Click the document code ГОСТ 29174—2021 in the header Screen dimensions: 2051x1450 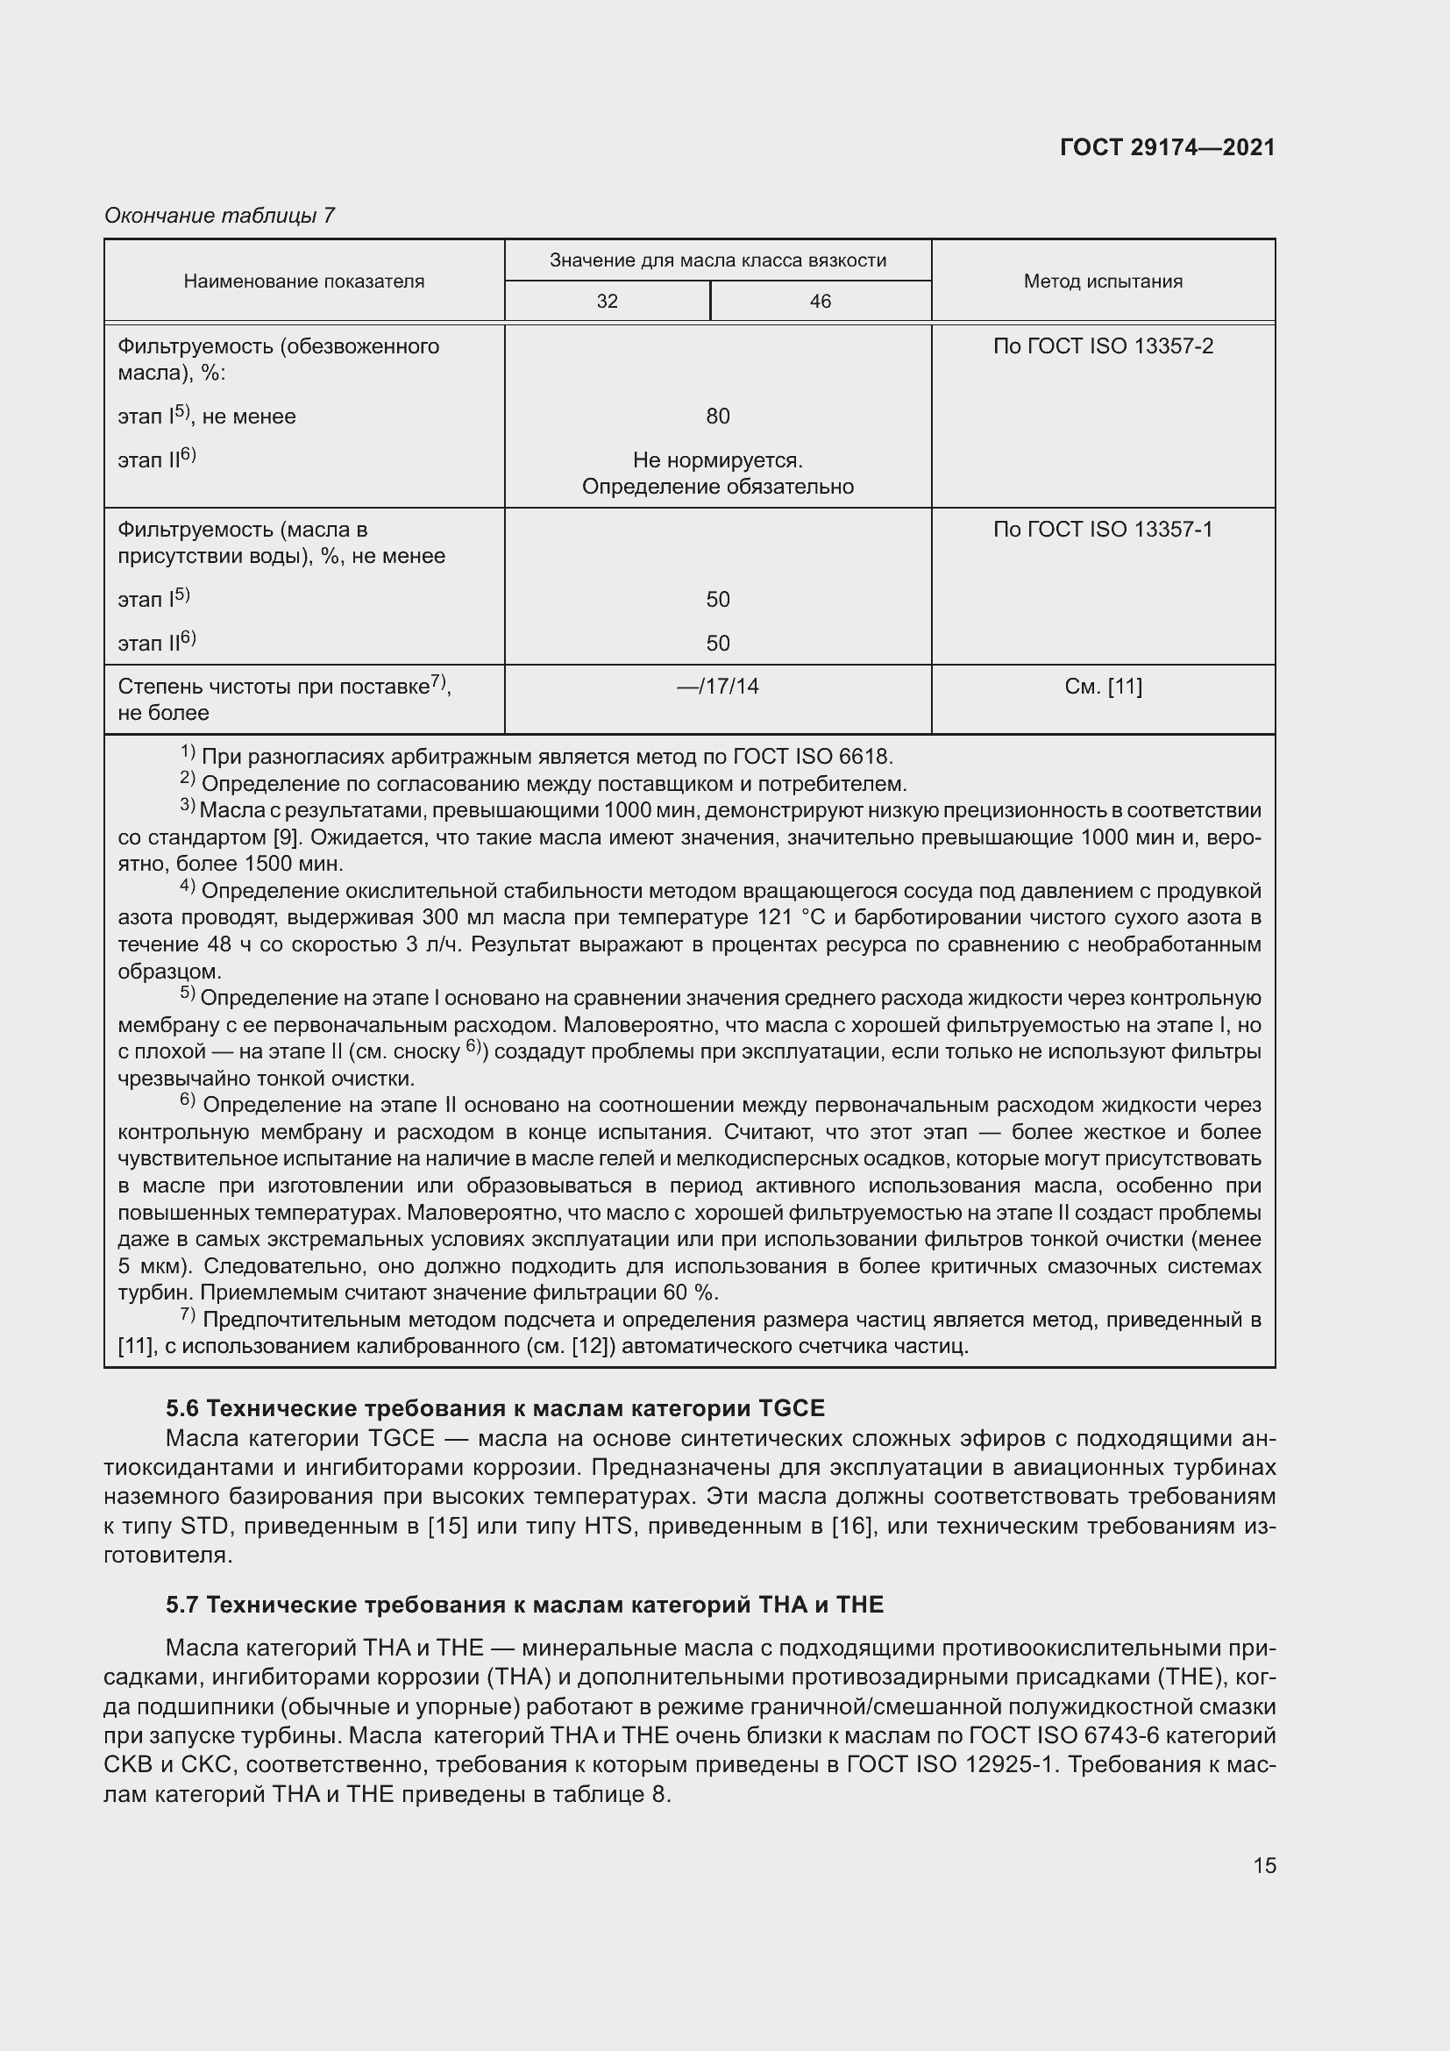1167,147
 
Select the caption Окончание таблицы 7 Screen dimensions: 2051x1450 220,216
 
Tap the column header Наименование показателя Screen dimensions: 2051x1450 303,281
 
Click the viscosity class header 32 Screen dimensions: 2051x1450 608,302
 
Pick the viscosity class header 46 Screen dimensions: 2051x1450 820,302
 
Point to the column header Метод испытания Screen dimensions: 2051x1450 1103,281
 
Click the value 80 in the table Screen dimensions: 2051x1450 718,417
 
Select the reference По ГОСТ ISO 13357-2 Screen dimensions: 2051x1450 1103,346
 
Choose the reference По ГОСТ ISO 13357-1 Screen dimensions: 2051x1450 1103,530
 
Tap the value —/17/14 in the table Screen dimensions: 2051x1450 718,687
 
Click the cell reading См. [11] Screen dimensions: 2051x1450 1103,687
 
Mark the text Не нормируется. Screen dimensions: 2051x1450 718,461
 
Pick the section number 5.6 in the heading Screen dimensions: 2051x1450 183,1409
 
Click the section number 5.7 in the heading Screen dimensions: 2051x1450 183,1606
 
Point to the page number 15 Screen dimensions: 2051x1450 1264,1865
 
